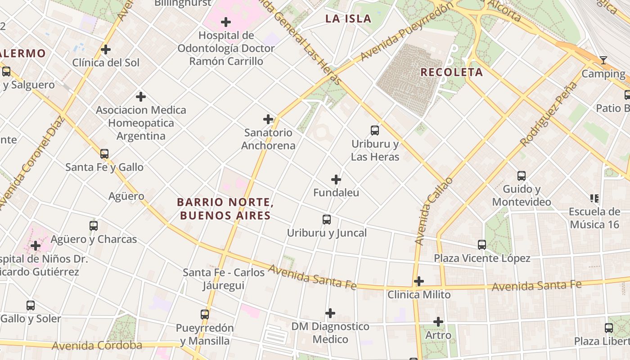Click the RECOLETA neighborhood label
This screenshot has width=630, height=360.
(451, 72)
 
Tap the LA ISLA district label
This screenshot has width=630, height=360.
(348, 19)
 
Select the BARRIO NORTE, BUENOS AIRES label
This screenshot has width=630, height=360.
(225, 209)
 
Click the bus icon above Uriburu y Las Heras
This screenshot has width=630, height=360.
(374, 130)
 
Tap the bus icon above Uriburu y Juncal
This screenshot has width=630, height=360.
(327, 220)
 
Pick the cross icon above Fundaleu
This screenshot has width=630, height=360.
(336, 180)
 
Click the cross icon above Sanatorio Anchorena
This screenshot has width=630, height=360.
(268, 119)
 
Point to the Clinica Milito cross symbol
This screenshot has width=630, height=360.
(419, 281)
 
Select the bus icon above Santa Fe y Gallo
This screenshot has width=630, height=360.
(104, 154)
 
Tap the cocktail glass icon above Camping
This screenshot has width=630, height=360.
(603, 60)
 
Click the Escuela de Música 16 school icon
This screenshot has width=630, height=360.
(594, 198)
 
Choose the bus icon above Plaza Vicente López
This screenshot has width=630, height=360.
(482, 245)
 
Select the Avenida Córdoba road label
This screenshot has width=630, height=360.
(97, 346)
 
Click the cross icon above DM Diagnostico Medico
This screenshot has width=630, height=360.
(330, 313)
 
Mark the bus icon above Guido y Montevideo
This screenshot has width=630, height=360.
(522, 176)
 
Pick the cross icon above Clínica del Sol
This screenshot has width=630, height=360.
(106, 49)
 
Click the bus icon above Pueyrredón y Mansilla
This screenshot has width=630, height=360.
(205, 315)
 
